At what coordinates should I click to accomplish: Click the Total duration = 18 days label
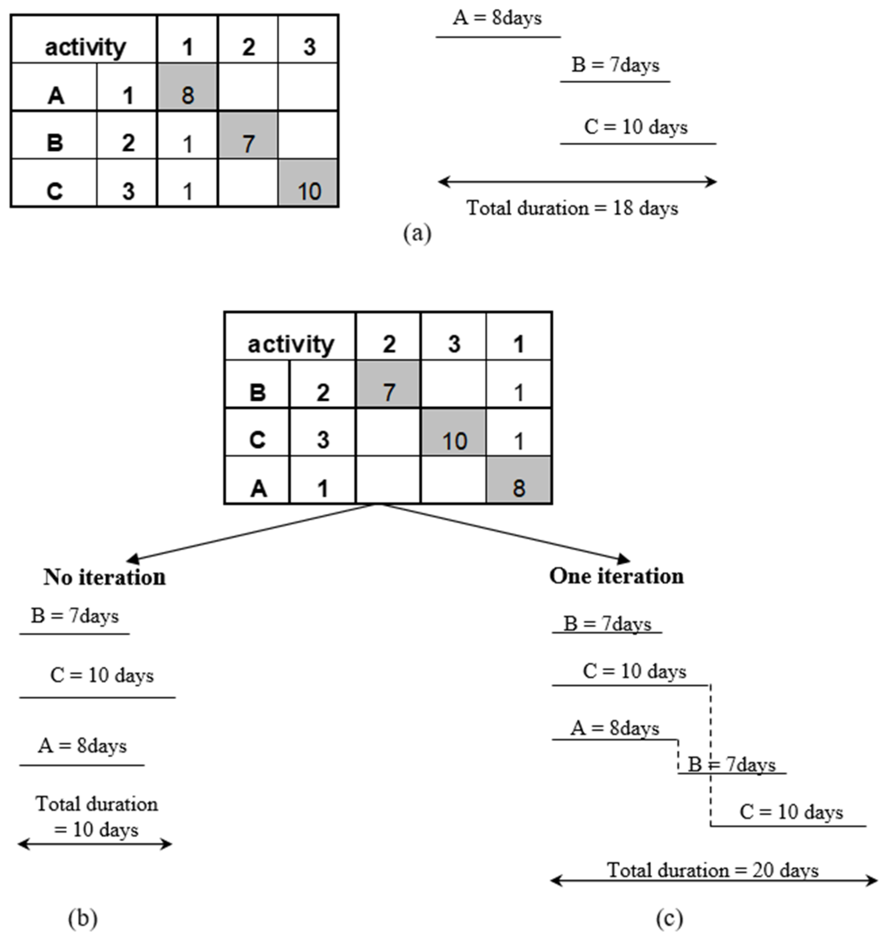[572, 208]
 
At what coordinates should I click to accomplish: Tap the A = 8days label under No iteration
[83, 746]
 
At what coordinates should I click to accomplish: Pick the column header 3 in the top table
[309, 47]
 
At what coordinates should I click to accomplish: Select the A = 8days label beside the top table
[497, 18]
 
